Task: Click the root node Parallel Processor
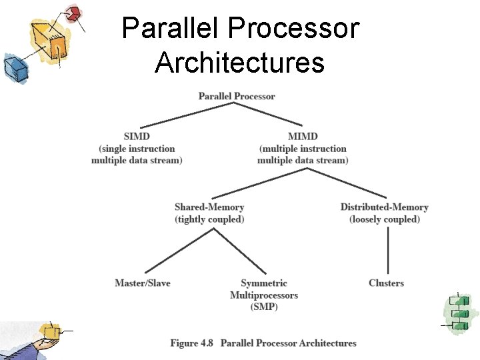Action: pyautogui.click(x=237, y=96)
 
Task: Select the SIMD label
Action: pyautogui.click(x=136, y=137)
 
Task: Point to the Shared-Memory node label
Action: pyautogui.click(x=209, y=207)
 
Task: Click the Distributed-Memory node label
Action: pyautogui.click(x=384, y=207)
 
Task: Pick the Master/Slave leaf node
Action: pyautogui.click(x=143, y=283)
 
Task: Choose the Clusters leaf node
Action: pyautogui.click(x=386, y=283)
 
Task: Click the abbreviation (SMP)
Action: pyautogui.click(x=264, y=307)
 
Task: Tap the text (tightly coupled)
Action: pyautogui.click(x=209, y=219)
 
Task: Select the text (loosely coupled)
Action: pyautogui.click(x=385, y=219)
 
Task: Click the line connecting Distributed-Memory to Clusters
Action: pyautogui.click(x=388, y=250)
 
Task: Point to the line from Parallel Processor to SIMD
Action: pyautogui.click(x=180, y=115)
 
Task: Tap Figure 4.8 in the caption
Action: pyautogui.click(x=193, y=343)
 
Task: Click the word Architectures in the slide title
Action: pyautogui.click(x=239, y=63)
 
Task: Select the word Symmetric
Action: pyautogui.click(x=264, y=283)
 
